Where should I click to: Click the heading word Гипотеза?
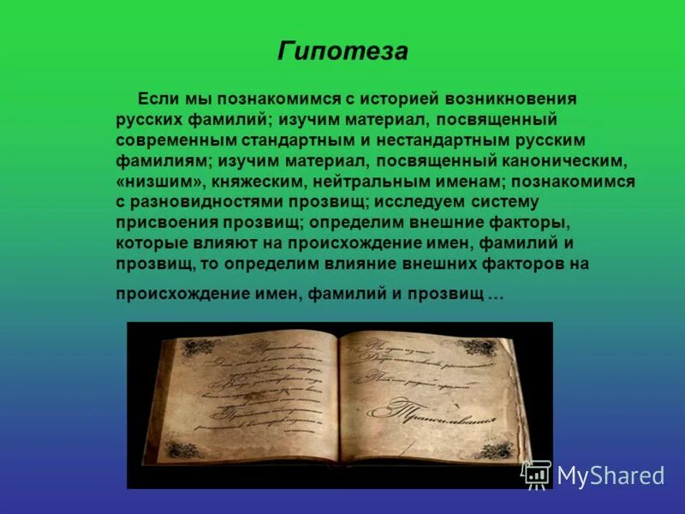[342, 51]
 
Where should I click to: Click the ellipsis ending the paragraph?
[496, 294]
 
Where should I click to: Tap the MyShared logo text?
[611, 475]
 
